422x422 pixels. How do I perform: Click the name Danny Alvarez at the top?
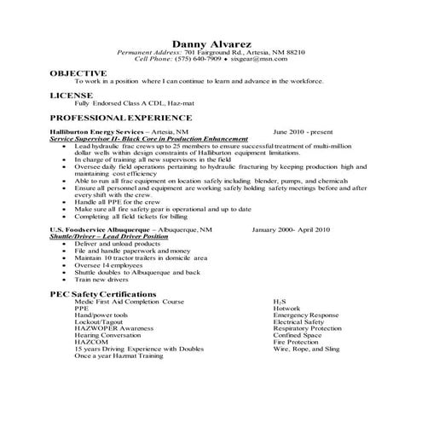pos(211,43)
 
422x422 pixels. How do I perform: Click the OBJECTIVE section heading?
pos(78,73)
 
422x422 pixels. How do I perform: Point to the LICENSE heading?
pos(71,95)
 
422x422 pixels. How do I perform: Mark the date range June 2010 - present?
pos(303,133)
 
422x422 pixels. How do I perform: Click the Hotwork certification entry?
pos(287,308)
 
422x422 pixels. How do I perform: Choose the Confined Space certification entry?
pos(298,335)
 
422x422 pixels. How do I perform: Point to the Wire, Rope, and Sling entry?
pos(306,349)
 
